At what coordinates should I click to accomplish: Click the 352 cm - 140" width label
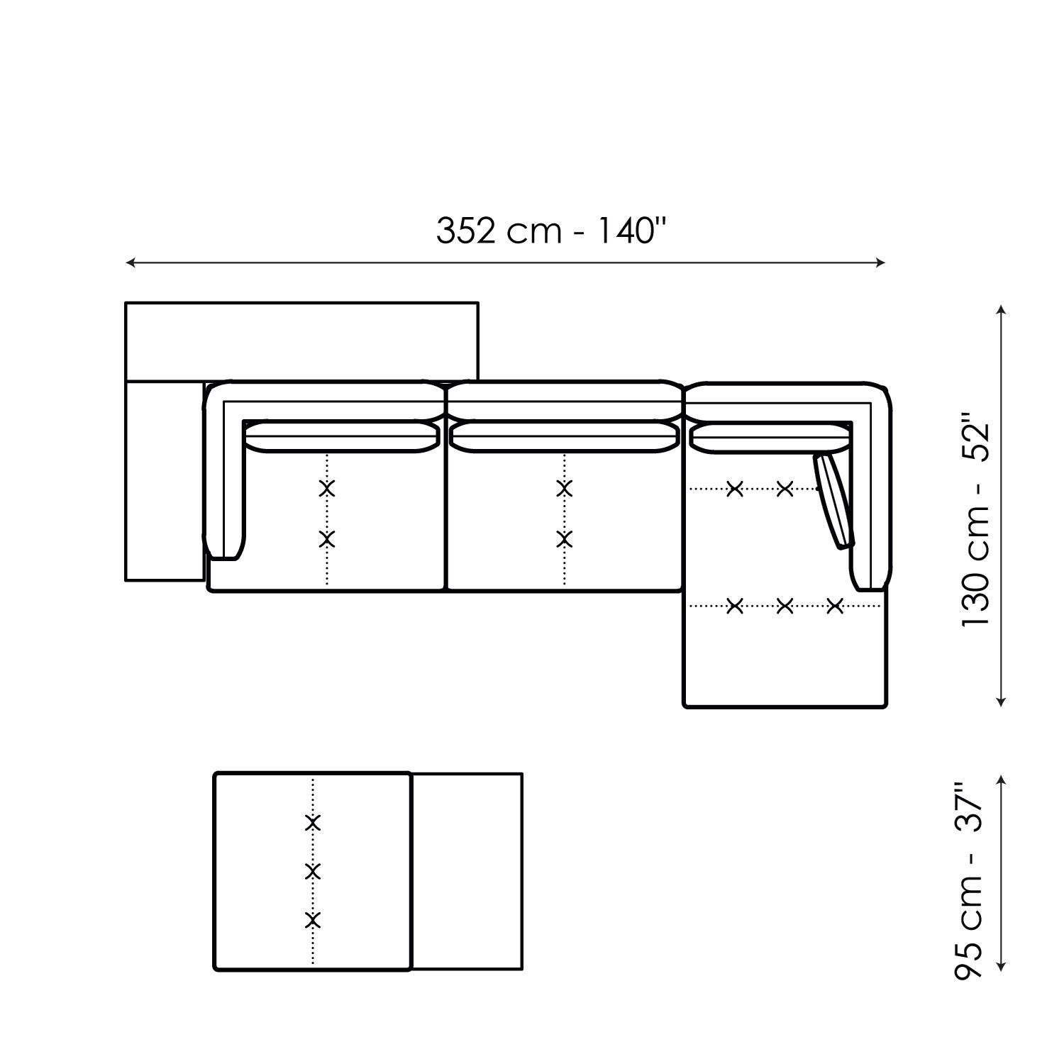pyautogui.click(x=551, y=231)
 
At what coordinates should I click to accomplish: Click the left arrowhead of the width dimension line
pyautogui.click(x=130, y=263)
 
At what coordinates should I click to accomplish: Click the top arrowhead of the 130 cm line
pyautogui.click(x=1001, y=311)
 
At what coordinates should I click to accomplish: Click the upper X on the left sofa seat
pyautogui.click(x=327, y=488)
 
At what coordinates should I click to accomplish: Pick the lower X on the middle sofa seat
pyautogui.click(x=565, y=539)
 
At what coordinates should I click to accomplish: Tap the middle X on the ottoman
pyautogui.click(x=313, y=872)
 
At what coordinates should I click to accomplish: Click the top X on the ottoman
pyautogui.click(x=313, y=823)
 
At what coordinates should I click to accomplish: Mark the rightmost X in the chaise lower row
pyautogui.click(x=835, y=606)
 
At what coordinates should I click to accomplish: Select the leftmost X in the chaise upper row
pyautogui.click(x=735, y=488)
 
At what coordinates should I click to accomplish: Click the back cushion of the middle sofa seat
pyautogui.click(x=565, y=436)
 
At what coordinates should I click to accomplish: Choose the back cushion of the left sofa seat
pyautogui.click(x=340, y=436)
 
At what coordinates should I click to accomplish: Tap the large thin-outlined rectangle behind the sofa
pyautogui.click(x=301, y=340)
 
